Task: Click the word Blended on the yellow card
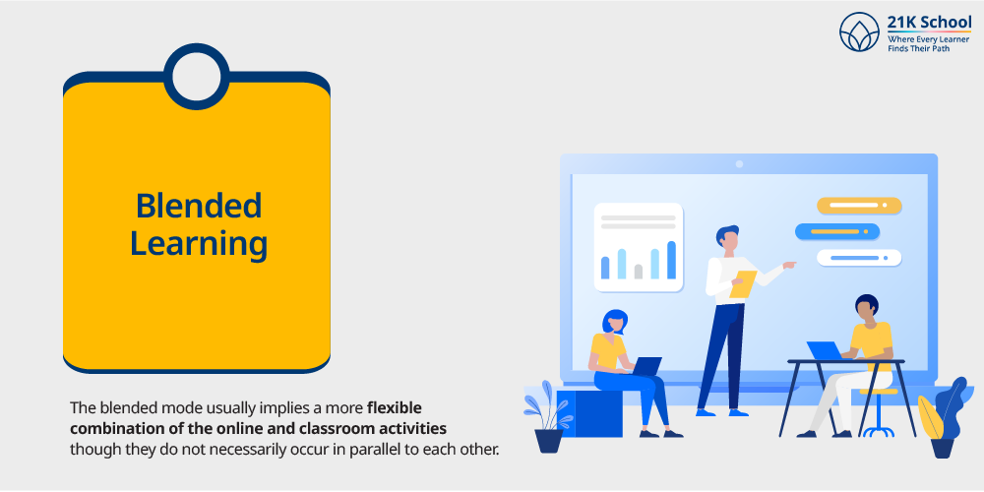tap(199, 207)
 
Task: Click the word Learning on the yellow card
tap(199, 244)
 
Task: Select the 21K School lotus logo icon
tap(859, 31)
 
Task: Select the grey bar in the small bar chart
tap(638, 271)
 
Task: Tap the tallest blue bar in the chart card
tap(671, 260)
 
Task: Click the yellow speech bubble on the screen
tap(858, 206)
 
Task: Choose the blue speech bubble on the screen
tap(836, 231)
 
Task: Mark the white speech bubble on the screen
tap(858, 258)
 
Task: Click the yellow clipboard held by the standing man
tap(743, 283)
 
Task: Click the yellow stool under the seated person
tap(878, 394)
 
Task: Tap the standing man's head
tap(728, 238)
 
